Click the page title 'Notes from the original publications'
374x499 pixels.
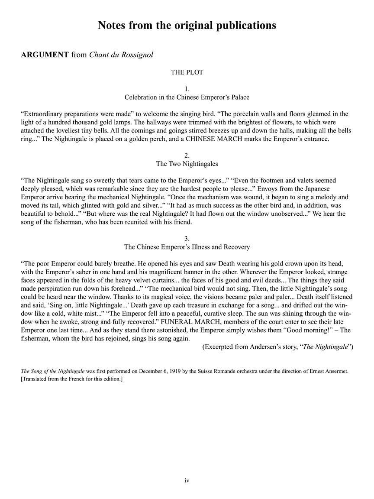coord(187,26)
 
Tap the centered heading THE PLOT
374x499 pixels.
coord(187,72)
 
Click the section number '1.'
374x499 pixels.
coord(187,89)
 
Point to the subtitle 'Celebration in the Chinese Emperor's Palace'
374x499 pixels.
coord(187,97)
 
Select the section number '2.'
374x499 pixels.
coord(187,156)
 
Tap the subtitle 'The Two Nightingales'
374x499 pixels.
coord(187,164)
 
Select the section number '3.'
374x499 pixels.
coord(187,239)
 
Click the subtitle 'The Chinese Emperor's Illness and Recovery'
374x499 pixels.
coord(187,247)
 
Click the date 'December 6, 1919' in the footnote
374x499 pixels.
coord(167,372)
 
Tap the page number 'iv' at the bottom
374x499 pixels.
coord(187,480)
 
